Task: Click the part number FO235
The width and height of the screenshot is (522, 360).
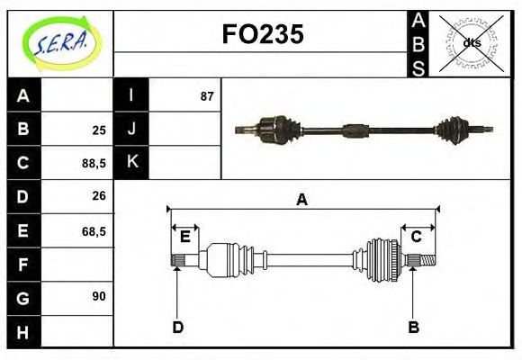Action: coord(263,34)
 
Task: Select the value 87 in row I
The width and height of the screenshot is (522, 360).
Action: coord(206,96)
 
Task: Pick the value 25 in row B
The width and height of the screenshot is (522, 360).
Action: coord(99,130)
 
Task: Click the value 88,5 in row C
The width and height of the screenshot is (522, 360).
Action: coord(94,163)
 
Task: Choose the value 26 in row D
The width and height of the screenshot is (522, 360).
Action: coord(99,196)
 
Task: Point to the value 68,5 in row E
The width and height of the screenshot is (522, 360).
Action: coord(94,231)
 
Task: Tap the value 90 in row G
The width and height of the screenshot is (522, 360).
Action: coord(99,296)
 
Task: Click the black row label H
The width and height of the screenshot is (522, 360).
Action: coord(23,333)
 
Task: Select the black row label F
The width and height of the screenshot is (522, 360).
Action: coord(23,265)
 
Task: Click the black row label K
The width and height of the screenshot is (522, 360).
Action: coord(131,162)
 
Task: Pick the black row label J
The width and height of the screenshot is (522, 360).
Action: coord(131,129)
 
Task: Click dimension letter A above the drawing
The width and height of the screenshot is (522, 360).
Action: coord(302,200)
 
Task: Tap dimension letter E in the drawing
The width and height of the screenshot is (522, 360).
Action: coord(184,237)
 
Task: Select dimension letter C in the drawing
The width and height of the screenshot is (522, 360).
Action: coord(417,237)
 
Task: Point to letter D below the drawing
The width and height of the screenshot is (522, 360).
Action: coord(177,328)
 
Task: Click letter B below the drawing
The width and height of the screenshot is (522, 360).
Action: coord(414,328)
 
